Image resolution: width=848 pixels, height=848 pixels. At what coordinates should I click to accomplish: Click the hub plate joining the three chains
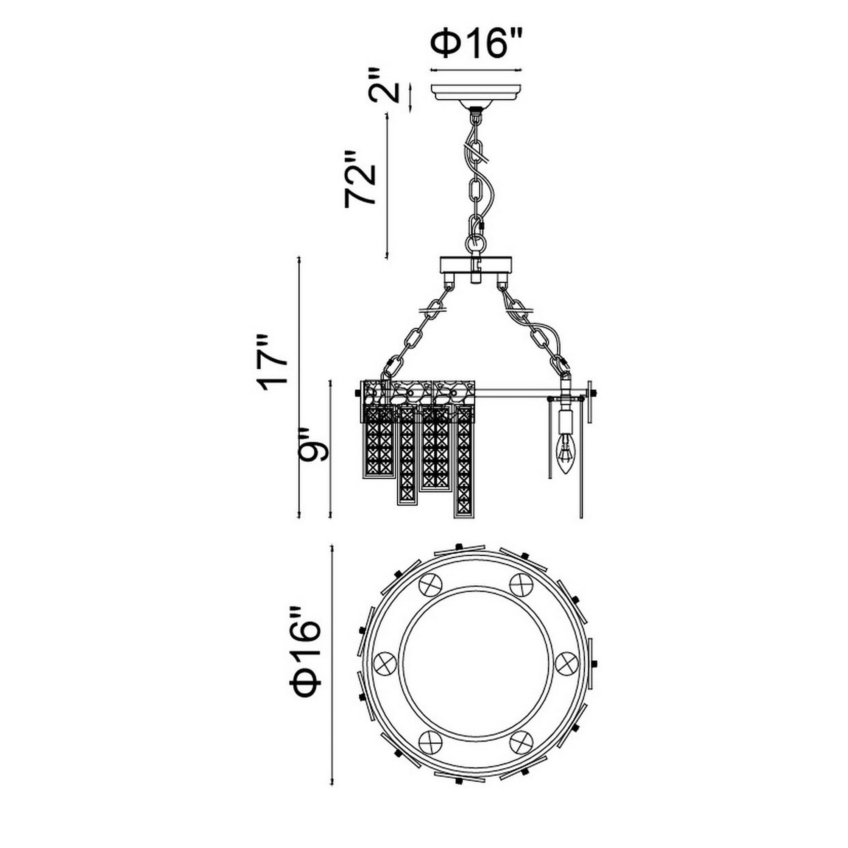476,265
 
